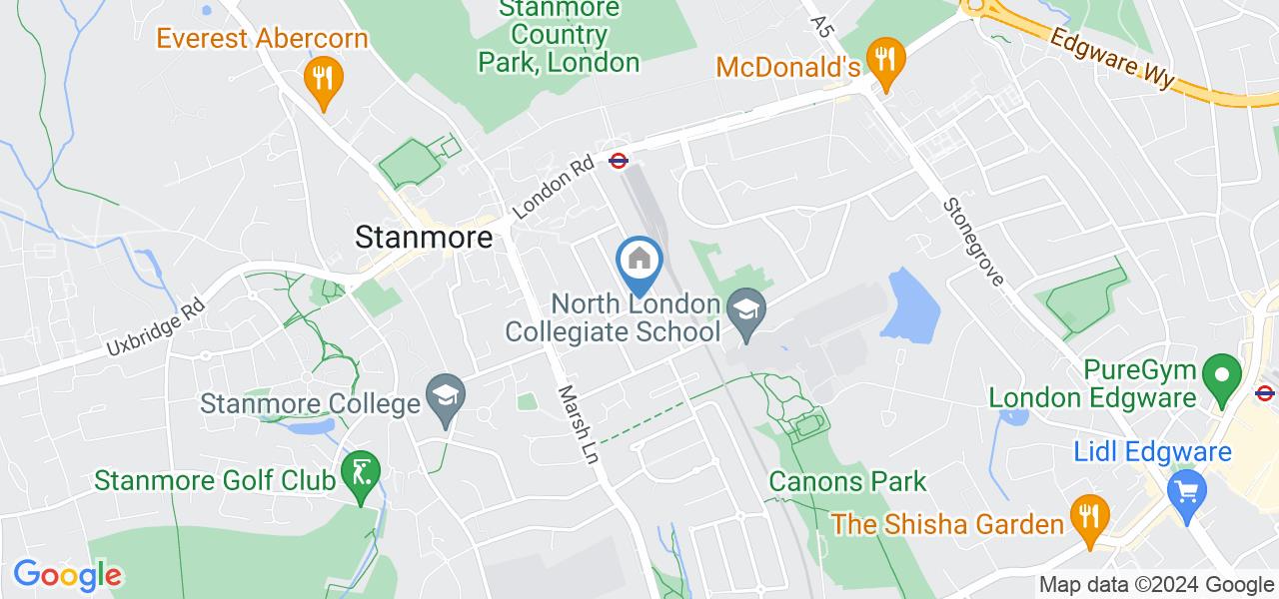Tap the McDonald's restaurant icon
884,59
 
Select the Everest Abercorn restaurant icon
322,77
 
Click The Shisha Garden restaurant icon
1085,515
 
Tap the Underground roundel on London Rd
619,159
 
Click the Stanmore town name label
425,238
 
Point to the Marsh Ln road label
579,423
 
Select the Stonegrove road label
973,241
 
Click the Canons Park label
847,481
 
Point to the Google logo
67,575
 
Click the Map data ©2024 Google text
1155,585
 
